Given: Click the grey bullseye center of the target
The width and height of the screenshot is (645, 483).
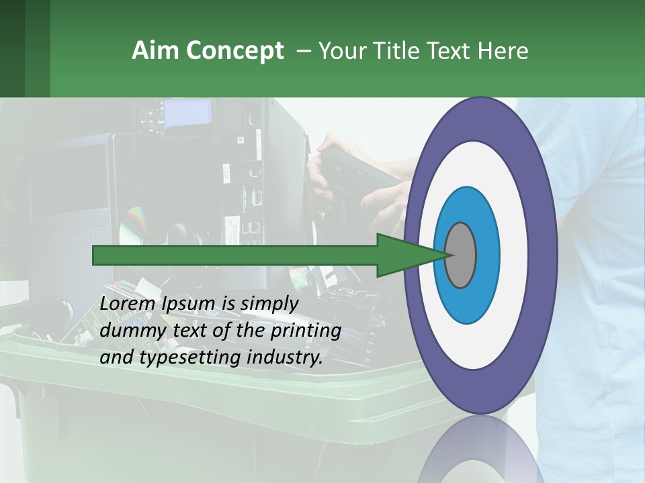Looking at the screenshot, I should (x=460, y=256).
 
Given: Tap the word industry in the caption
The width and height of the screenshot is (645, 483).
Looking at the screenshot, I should (x=285, y=358).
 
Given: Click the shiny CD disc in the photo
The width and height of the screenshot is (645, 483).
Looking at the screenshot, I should (x=134, y=224).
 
